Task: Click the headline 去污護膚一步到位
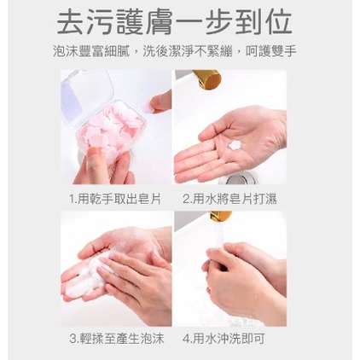[x=174, y=23]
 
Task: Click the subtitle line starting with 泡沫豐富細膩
[x=175, y=51]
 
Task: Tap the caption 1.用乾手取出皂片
[x=115, y=199]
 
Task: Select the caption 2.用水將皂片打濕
[x=229, y=199]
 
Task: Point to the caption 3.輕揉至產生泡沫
[x=117, y=339]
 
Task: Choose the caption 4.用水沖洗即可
[x=224, y=339]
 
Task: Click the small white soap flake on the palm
[x=235, y=144]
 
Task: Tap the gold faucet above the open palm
[x=206, y=78]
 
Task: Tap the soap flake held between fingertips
[x=148, y=106]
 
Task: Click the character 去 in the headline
[x=70, y=23]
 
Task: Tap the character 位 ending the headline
[x=279, y=23]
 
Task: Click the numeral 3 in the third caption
[x=73, y=339]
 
